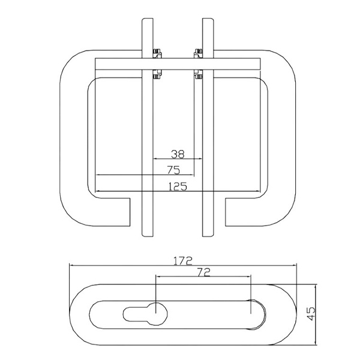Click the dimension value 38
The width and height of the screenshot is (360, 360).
pos(178,154)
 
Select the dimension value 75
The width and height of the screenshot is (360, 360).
pos(173,170)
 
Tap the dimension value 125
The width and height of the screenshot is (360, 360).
pos(178,187)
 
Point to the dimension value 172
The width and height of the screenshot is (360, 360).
pos(183,261)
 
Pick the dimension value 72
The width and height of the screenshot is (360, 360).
pos(203,272)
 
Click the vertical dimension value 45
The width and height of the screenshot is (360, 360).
pos(311,314)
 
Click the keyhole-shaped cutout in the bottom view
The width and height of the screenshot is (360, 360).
pos(145,314)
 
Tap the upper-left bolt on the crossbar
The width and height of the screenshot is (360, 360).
pos(157,53)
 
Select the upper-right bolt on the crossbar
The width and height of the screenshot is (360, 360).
pos(198,53)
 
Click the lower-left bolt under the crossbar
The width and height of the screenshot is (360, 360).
pos(157,74)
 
